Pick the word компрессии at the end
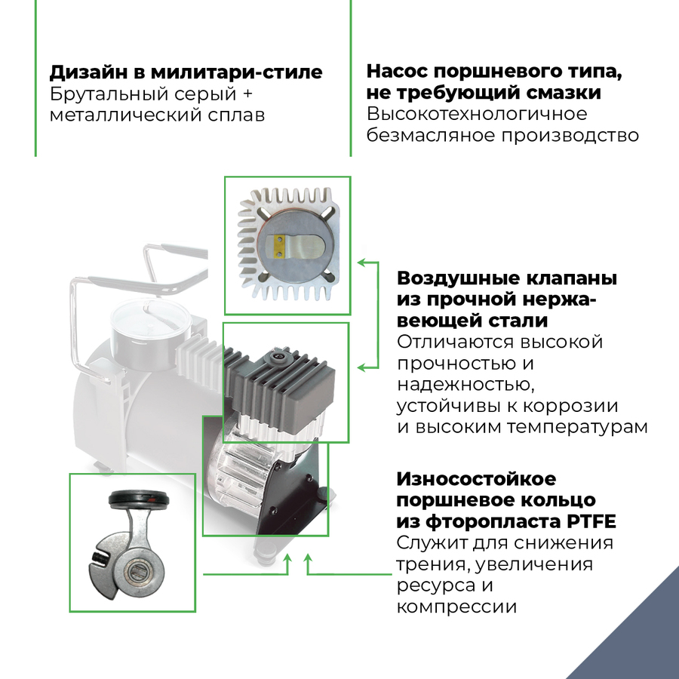pyautogui.click(x=456, y=607)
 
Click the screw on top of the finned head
pyautogui.click(x=278, y=353)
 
